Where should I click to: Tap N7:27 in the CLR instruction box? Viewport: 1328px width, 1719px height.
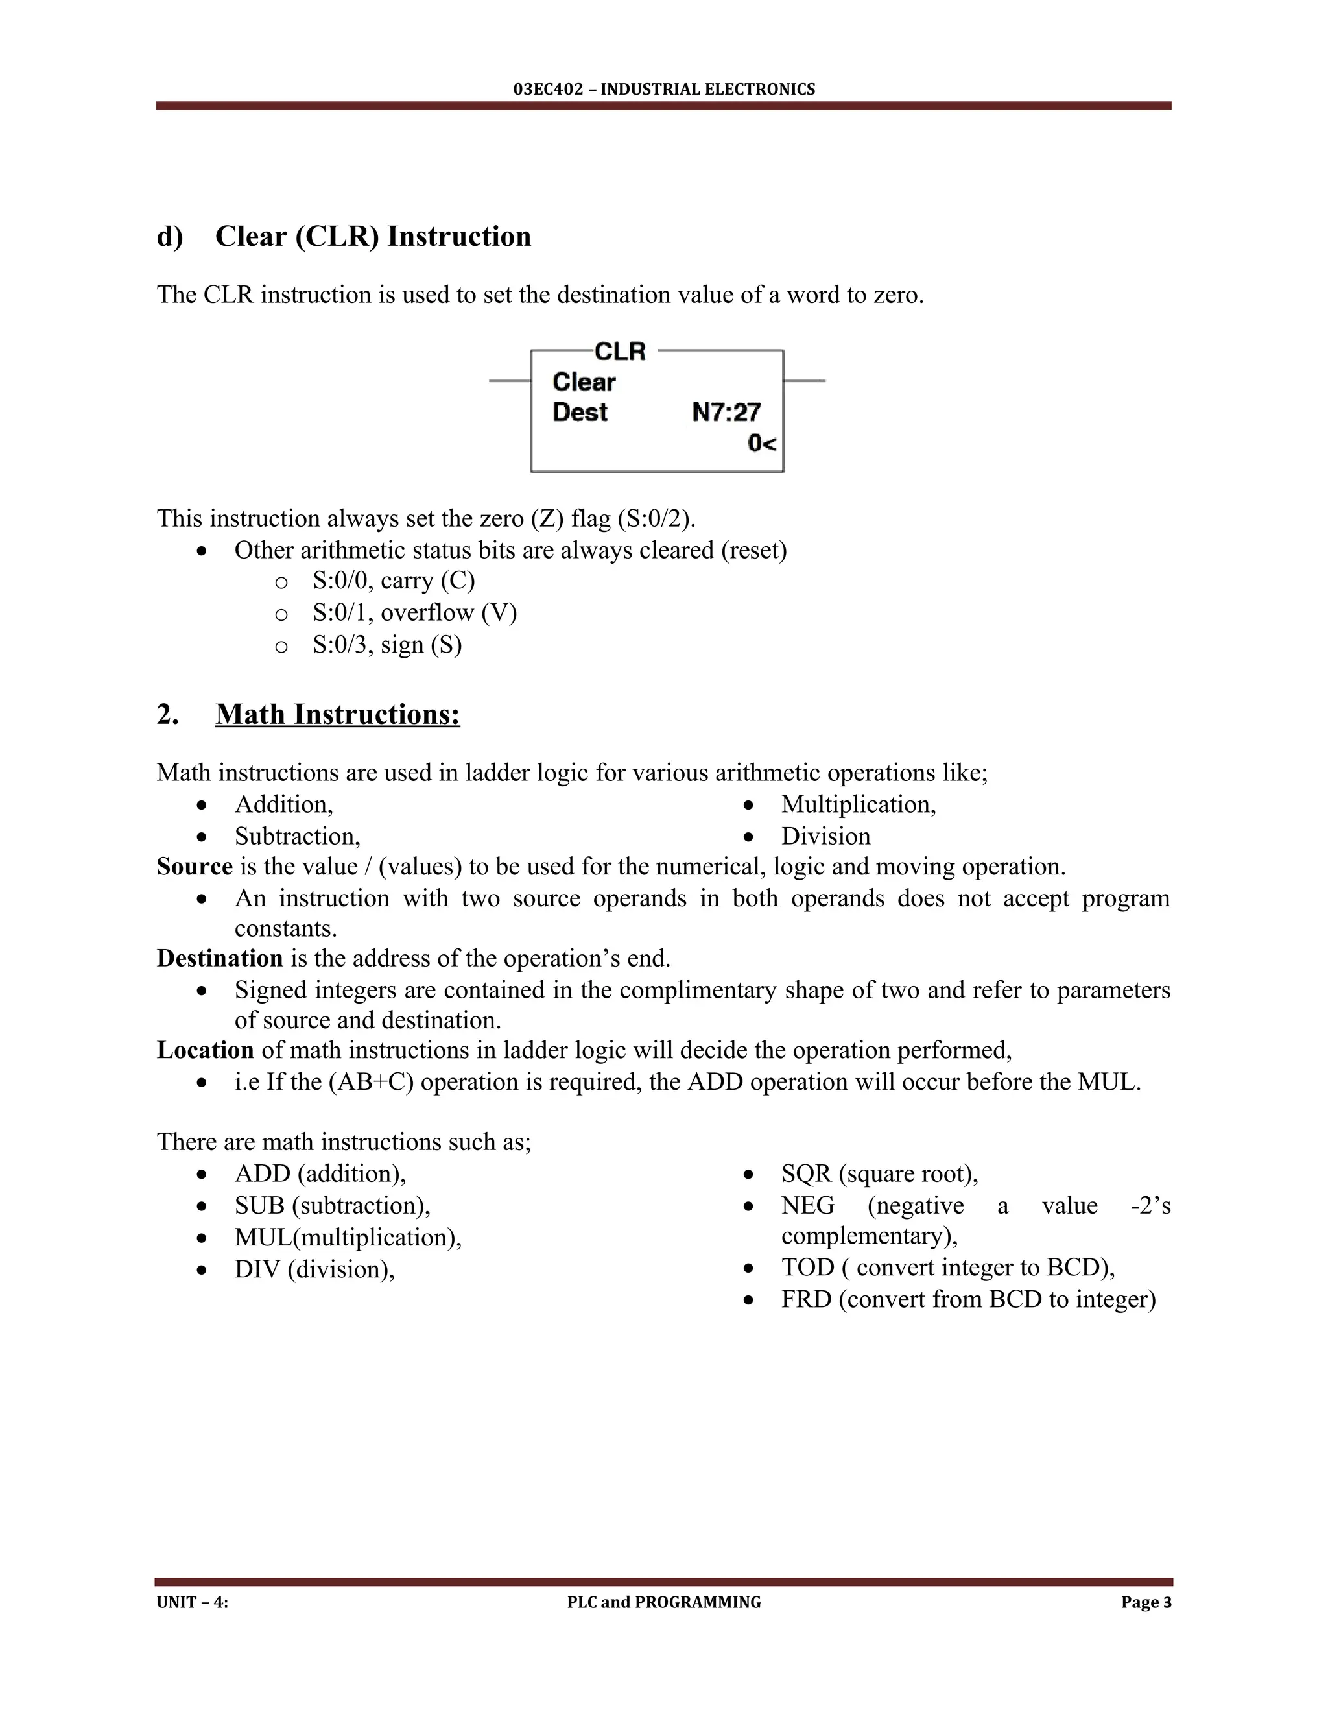pos(726,412)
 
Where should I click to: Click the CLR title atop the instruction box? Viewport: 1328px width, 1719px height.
pos(620,351)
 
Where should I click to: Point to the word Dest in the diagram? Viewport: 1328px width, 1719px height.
pos(580,412)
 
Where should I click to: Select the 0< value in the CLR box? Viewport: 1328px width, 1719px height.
pos(761,444)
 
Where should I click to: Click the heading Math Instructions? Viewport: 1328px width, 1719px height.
pos(337,714)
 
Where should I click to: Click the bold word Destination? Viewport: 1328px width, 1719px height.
pos(220,958)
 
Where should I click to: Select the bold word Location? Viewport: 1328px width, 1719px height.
pos(204,1050)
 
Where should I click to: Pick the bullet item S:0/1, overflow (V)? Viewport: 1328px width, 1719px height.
pos(414,612)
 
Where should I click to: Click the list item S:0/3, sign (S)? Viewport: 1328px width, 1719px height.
pos(386,645)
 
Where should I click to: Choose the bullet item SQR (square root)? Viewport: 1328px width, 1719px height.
pos(879,1173)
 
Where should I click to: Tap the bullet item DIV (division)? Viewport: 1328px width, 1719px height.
pos(314,1269)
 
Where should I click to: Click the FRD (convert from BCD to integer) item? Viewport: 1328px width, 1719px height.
pos(967,1299)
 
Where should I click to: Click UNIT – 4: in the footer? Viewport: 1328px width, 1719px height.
pos(193,1602)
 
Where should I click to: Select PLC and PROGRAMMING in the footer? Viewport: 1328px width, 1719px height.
pos(664,1602)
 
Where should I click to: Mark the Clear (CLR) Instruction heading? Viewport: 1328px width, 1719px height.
pos(373,236)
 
